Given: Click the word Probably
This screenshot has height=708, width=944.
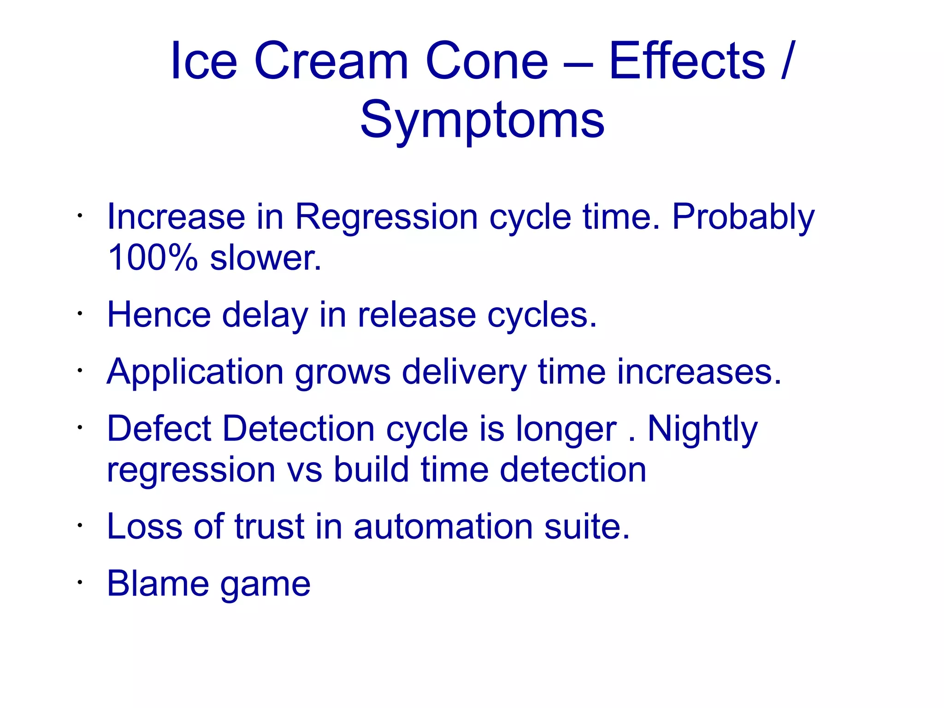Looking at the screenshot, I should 743,217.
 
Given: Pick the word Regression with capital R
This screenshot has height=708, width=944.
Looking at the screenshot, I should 386,217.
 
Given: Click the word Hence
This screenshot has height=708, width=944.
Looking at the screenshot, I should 159,315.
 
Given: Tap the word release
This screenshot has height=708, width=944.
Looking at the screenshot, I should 417,315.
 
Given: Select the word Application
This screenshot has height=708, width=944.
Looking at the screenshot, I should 195,372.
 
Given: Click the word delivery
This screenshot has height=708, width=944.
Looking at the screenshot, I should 464,372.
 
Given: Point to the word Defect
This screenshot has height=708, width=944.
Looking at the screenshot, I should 159,429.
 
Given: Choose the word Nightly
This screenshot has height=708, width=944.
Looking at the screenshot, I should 702,429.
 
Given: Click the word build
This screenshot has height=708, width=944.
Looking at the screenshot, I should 371,470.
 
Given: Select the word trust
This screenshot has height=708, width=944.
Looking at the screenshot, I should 270,526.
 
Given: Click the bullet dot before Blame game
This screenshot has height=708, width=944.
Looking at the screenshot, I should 80,582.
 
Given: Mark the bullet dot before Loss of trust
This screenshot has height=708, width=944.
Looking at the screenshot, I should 80,525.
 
